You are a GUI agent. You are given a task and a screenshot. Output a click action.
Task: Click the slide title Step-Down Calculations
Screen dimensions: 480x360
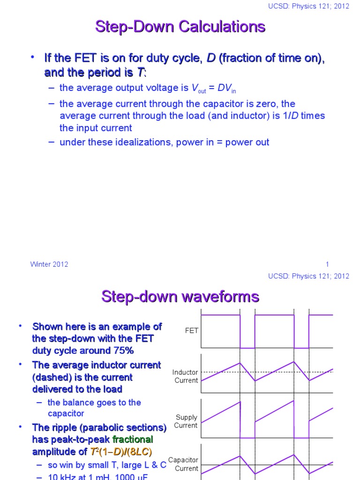pyautogui.click(x=180, y=27)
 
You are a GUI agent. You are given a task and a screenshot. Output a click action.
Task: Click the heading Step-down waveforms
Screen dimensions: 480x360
pyautogui.click(x=180, y=296)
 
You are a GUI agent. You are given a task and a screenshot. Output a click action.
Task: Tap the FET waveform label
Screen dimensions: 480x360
pyautogui.click(x=192, y=330)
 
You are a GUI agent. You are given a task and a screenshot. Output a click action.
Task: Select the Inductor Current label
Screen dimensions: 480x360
pyautogui.click(x=186, y=376)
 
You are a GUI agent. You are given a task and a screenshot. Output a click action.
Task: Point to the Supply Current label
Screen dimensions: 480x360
pyautogui.click(x=186, y=421)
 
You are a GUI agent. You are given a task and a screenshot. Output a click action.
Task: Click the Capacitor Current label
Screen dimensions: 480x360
pyautogui.click(x=183, y=464)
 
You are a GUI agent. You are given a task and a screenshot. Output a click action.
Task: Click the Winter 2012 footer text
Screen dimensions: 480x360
pyautogui.click(x=49, y=264)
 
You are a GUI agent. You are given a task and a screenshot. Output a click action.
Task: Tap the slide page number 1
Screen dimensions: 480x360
pyautogui.click(x=327, y=264)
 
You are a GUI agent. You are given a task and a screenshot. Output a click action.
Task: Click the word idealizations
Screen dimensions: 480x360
pyautogui.click(x=141, y=142)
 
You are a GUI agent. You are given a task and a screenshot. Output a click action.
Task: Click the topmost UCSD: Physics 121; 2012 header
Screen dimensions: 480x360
pyautogui.click(x=308, y=7)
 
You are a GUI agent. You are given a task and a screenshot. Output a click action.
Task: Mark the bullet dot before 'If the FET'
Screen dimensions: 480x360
pyautogui.click(x=33, y=57)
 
